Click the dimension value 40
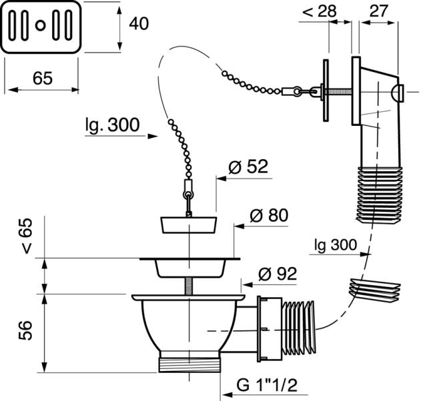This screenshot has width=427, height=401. tap(139, 23)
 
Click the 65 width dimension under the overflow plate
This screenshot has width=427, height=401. tap(43, 79)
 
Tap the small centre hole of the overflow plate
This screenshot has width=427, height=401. tap(40, 26)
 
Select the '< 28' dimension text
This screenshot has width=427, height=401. tap(320, 11)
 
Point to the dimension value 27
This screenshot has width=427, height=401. tap(378, 11)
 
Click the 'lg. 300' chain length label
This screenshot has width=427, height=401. tap(113, 125)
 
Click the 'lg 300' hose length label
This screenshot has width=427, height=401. tap(336, 244)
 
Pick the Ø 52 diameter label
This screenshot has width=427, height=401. tap(248, 167)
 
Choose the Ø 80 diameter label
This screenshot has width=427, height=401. tap(269, 215)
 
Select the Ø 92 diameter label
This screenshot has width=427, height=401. tap(278, 274)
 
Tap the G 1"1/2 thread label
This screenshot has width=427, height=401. tap(267, 385)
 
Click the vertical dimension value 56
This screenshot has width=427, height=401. tap(25, 330)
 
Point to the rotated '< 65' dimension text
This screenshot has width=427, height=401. tap(26, 236)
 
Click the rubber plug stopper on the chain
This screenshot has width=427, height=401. tap(189, 225)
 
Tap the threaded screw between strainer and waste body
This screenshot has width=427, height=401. tap(188, 286)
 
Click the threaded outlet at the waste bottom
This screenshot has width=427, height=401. tap(189, 365)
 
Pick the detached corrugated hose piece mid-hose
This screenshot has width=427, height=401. tap(374, 290)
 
